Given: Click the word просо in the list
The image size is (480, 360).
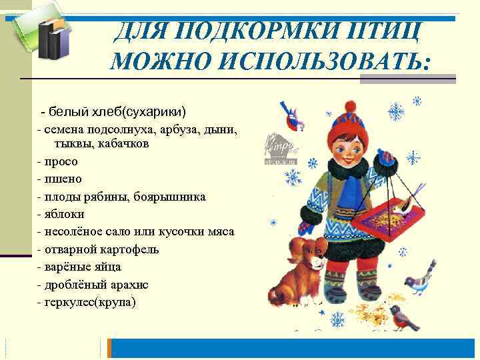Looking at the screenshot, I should click(61, 161).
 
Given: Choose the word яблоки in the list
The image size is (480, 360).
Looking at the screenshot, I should click(65, 214).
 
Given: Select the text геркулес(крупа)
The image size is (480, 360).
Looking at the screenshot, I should click(90, 302).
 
